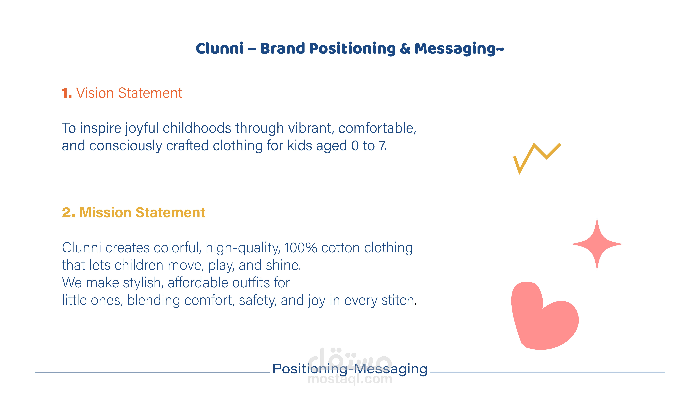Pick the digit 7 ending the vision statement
click(383, 146)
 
